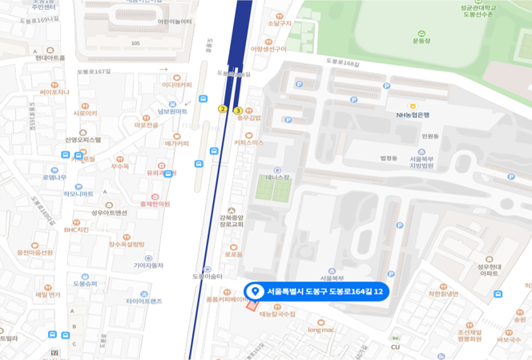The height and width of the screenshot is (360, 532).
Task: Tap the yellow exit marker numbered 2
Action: (223, 109)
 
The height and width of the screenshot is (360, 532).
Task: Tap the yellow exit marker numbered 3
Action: (238, 110)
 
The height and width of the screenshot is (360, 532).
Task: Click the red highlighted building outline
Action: (252, 305)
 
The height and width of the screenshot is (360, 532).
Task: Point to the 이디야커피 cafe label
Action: (177, 84)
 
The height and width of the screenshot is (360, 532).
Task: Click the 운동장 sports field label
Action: (421, 40)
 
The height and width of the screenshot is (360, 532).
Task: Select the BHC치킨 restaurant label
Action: (77, 229)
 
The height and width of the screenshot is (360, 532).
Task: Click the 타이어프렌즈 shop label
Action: (144, 301)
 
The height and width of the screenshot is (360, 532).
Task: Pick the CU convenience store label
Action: (395, 346)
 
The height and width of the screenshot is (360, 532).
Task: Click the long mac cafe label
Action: (320, 329)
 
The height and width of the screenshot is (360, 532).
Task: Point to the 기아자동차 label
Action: (148, 265)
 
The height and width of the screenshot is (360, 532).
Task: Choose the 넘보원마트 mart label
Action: (171, 111)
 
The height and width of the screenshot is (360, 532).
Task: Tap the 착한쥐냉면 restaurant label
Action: (442, 293)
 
